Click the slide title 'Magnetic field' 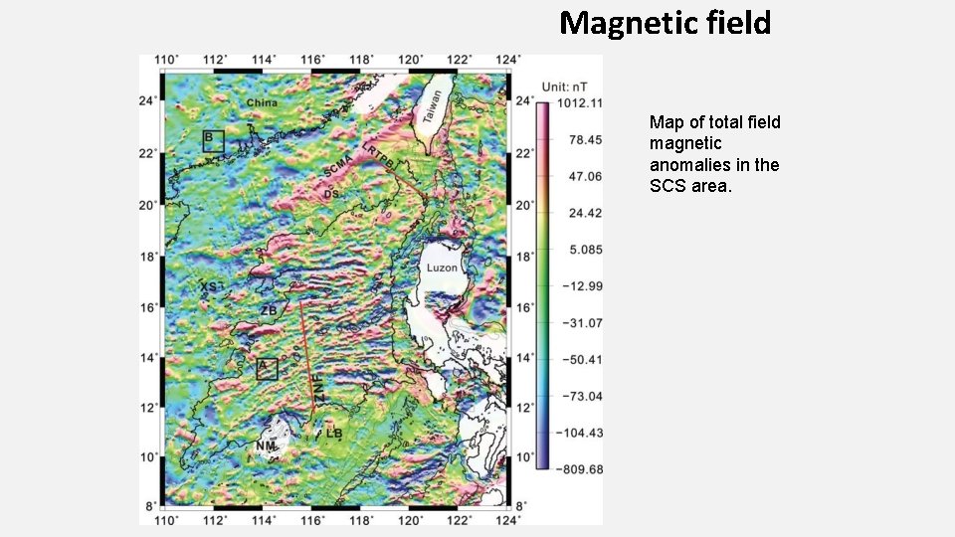665,23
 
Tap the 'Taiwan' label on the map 430,107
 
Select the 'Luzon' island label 441,268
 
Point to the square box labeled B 213,140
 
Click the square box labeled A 266,368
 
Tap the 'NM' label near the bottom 265,447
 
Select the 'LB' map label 334,434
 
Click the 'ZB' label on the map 269,310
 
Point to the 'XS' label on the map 210,286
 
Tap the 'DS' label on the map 331,194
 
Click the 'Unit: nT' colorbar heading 570,87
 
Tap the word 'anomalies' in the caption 690,165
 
